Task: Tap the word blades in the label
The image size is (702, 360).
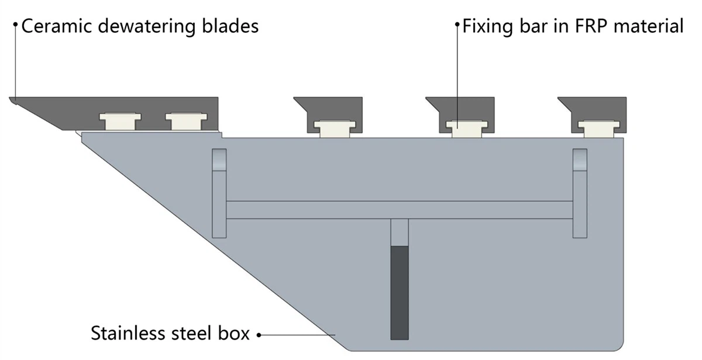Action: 230,26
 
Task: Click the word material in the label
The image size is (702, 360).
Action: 648,26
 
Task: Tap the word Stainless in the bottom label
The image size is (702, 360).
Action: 128,333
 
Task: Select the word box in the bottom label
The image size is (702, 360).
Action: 234,333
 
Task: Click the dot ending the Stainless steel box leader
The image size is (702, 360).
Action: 259,335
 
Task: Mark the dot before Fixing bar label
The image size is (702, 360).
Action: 457,24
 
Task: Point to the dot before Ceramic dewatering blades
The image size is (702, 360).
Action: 15,24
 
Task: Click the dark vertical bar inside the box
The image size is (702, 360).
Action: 400,293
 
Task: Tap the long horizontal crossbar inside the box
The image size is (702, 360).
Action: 400,210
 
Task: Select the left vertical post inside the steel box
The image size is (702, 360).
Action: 219,194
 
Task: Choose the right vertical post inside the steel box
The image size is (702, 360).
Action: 580,194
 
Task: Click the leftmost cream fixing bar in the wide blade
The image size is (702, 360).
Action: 121,121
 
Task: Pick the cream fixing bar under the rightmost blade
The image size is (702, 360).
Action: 599,129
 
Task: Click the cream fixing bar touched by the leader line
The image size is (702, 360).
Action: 467,129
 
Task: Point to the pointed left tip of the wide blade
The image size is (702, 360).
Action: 10,98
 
